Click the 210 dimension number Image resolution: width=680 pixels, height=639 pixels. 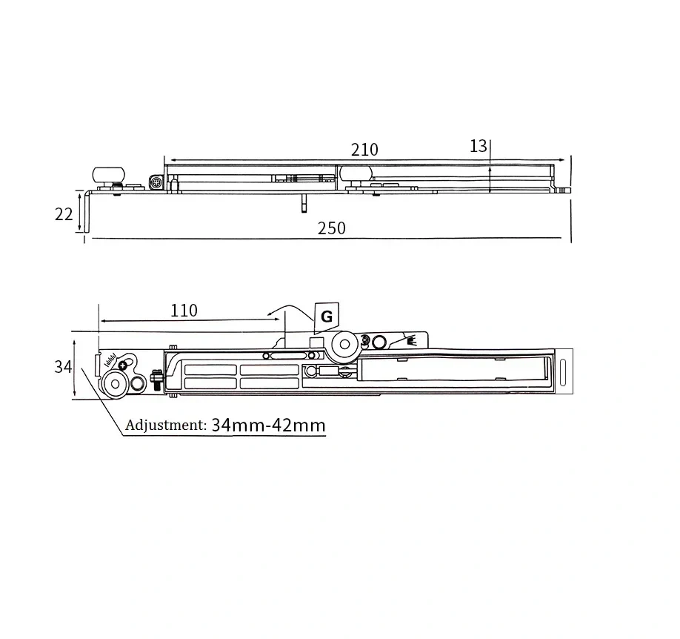coord(364,150)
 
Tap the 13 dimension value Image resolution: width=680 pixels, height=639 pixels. coord(479,146)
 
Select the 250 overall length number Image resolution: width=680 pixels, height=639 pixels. coord(332,228)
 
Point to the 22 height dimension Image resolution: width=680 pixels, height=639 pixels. coord(64,214)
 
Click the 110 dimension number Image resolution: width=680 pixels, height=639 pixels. coord(184,311)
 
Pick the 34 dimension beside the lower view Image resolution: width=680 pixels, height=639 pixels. coord(63,367)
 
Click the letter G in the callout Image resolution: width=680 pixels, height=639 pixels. coord(327,317)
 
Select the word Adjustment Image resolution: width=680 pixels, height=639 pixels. coord(166,425)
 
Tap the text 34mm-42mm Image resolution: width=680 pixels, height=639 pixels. coord(268,425)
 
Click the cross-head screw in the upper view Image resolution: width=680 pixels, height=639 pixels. coord(156,183)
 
